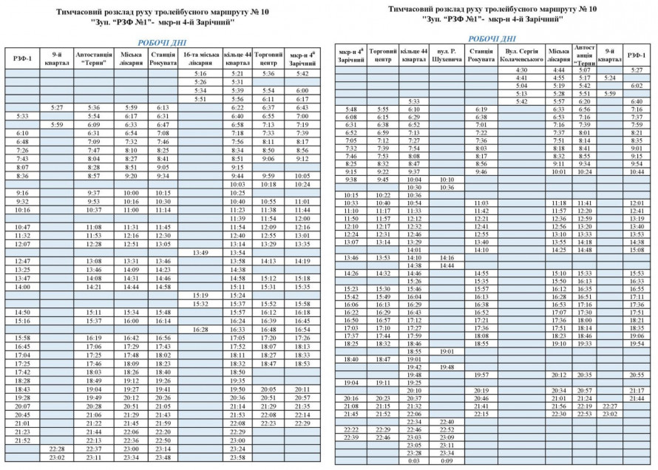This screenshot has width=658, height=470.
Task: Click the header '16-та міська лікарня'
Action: click(x=200, y=58)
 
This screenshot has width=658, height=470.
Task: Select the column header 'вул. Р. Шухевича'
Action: click(x=447, y=54)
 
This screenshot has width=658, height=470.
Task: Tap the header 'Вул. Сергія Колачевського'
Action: click(x=521, y=54)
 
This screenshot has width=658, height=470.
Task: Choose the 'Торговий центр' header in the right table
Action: click(x=383, y=54)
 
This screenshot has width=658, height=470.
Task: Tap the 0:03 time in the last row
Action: click(x=414, y=460)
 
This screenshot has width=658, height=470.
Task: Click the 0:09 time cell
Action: click(x=447, y=460)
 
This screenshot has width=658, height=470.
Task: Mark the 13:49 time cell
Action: click(x=200, y=252)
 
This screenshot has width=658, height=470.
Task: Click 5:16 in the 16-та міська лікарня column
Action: click(x=200, y=74)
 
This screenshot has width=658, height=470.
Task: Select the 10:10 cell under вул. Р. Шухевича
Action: click(x=447, y=180)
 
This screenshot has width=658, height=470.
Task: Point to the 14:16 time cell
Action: click(x=447, y=257)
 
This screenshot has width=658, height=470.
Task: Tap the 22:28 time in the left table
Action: click(x=56, y=449)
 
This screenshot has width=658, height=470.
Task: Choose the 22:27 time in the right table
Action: click(x=610, y=406)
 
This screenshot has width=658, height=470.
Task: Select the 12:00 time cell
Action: click(x=302, y=219)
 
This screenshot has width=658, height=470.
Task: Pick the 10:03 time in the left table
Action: click(x=237, y=184)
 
